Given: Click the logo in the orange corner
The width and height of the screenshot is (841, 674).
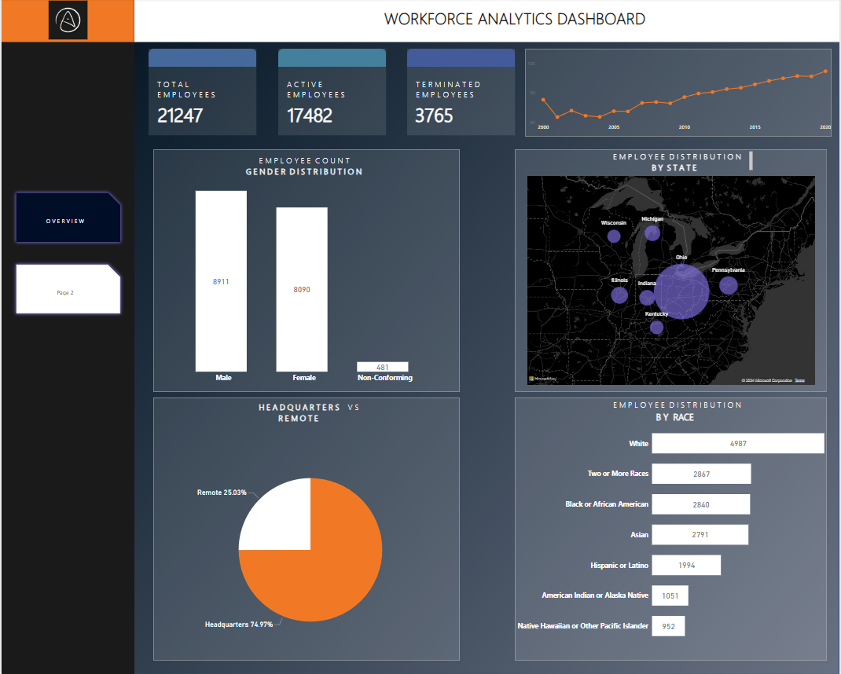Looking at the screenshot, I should point(68,20).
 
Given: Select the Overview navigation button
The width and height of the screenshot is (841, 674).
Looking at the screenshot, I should point(68,218).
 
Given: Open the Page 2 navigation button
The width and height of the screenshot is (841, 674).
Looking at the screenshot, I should point(68,289).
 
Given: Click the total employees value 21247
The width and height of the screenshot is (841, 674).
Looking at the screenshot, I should point(180,116).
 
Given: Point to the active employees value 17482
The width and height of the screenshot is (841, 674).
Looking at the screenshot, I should point(310,116).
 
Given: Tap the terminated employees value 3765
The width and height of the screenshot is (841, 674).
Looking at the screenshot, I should point(435,116).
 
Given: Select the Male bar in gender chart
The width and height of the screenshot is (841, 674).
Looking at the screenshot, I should point(221,280).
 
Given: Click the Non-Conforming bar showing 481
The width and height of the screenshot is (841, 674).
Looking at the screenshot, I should point(382,367).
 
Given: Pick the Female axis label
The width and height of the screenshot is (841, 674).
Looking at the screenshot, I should point(304,378).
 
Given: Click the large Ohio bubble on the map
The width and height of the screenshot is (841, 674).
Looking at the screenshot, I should point(681,291).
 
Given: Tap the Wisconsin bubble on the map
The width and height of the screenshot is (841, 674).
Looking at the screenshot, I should point(614,236).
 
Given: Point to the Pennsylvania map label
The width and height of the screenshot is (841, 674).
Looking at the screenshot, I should point(728,270).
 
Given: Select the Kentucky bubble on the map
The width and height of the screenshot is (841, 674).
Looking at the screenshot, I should point(656,327).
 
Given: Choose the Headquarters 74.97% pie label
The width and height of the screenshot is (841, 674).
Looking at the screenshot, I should point(238,625).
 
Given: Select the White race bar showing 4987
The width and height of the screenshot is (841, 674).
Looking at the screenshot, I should point(737,444).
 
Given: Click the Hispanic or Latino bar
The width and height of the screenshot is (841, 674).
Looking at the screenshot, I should point(685,566).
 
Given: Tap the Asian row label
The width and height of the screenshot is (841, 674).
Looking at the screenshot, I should point(639,535).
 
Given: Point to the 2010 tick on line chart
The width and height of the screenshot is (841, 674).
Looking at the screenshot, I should point(685,126).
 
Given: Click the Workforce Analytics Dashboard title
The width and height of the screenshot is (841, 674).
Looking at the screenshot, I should point(514,20).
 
